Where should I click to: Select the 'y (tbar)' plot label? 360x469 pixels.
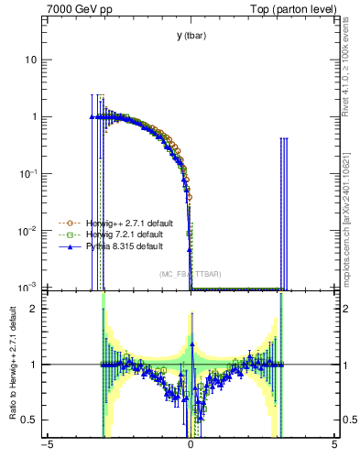(x=191, y=36)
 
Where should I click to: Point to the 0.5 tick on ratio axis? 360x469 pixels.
(x=31, y=420)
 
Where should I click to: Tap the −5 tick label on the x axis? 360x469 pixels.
(x=47, y=447)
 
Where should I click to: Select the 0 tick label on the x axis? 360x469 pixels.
(x=191, y=447)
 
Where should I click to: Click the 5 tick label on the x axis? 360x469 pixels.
(x=334, y=447)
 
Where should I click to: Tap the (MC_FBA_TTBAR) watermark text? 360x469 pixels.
(x=191, y=274)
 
